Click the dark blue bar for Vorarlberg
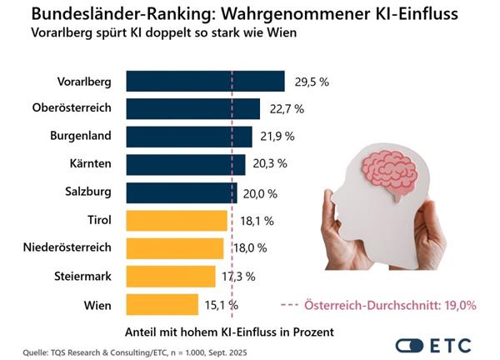tap(205, 81)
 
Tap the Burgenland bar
tap(189, 137)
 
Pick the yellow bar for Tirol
tap(177, 221)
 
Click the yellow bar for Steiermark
tap(174, 276)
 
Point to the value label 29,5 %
tap(312, 82)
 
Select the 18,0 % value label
tap(249, 248)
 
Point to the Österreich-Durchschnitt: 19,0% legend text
tap(406, 305)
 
